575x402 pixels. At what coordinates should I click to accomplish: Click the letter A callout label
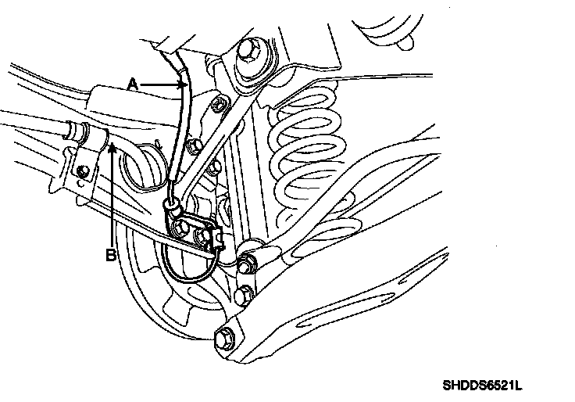point(134,81)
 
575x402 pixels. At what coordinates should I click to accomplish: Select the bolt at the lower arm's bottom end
point(223,339)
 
